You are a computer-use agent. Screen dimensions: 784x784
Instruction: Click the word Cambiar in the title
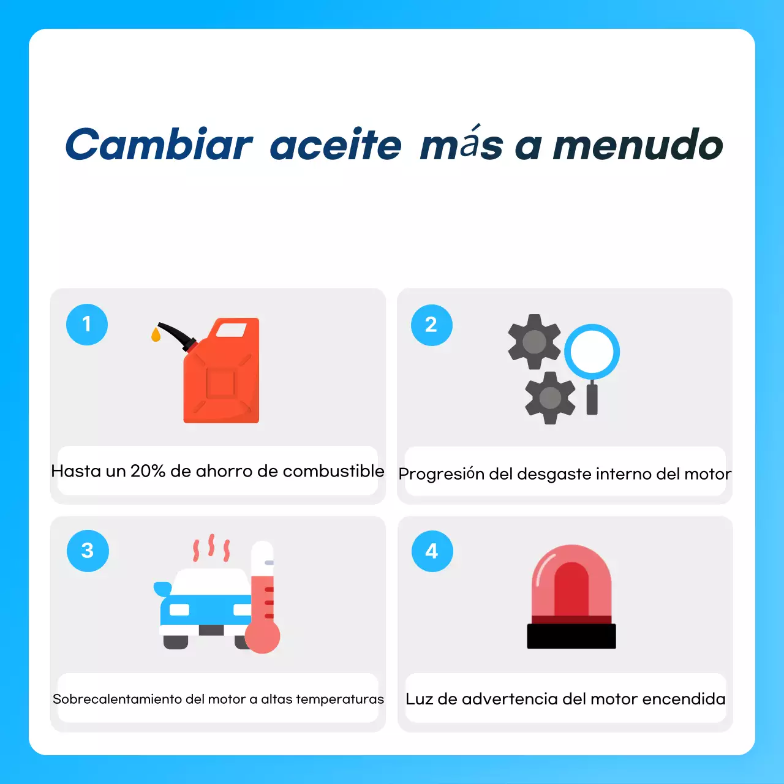(159, 145)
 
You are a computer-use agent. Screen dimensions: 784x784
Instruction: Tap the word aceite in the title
(336, 145)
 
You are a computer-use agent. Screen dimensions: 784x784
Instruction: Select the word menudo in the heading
(638, 145)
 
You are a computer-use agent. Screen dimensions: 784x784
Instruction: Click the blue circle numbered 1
(87, 324)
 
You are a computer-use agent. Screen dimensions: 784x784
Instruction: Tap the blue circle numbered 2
(431, 325)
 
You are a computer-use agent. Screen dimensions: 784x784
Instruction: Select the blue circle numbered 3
(88, 551)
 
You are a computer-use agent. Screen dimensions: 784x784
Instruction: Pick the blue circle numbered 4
(432, 551)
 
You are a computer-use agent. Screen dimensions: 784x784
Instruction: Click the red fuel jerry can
(222, 377)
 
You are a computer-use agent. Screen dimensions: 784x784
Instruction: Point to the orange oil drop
(156, 334)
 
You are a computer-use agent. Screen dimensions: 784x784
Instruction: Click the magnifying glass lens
(592, 352)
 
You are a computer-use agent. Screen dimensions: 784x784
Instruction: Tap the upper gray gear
(534, 342)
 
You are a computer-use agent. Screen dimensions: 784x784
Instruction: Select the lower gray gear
(550, 398)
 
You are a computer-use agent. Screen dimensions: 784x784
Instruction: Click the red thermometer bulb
(263, 637)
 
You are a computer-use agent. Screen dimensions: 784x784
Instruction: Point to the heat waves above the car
(211, 547)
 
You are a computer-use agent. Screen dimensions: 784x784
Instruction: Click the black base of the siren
(571, 636)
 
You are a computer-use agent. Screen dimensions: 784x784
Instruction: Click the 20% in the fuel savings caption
(148, 471)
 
